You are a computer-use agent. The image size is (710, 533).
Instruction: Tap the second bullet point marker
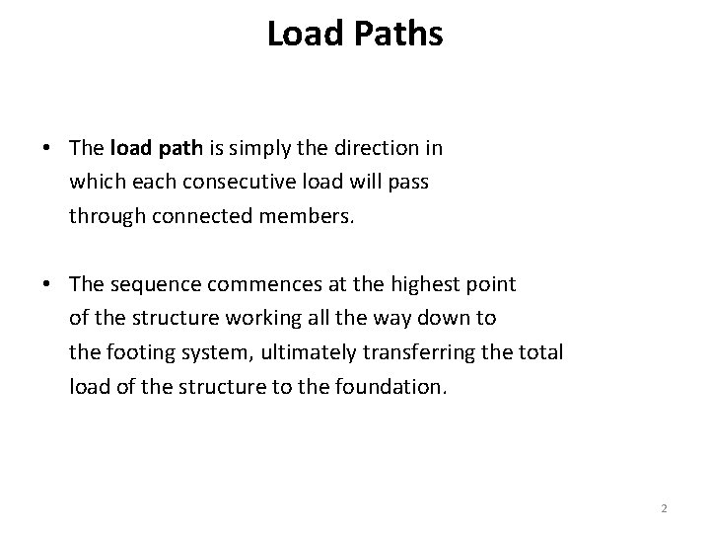click(47, 284)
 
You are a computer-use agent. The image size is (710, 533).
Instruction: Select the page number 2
click(664, 507)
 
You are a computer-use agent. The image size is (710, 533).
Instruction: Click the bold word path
click(178, 148)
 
